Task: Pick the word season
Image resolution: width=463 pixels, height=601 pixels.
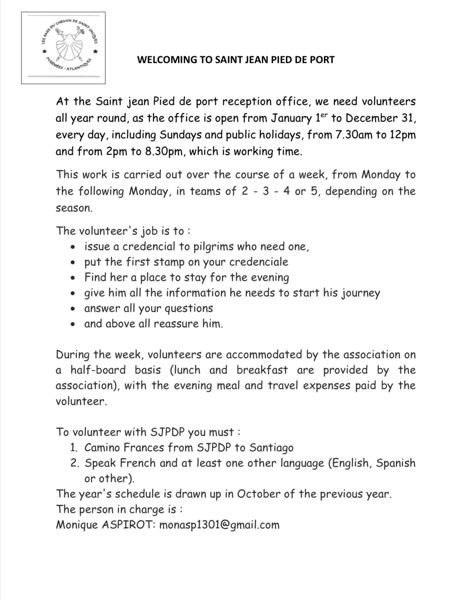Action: pos(74,208)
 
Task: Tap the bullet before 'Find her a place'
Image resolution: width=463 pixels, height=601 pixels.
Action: pos(72,278)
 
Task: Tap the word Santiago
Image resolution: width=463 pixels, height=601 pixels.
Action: pos(271,448)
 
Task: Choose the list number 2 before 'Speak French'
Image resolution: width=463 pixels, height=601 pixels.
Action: pos(74,463)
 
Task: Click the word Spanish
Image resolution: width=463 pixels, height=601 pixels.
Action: pos(395,463)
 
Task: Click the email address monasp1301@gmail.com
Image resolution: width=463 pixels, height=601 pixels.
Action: pos(219,525)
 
